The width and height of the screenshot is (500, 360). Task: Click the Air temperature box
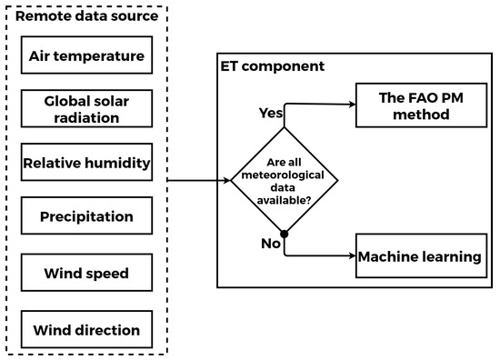[86, 56]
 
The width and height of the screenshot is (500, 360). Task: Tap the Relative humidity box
[86, 164]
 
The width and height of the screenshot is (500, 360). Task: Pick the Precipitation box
[86, 216]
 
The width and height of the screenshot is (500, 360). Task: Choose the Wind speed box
[86, 273]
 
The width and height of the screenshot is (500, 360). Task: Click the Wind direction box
[86, 329]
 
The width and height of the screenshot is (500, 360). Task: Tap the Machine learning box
[420, 256]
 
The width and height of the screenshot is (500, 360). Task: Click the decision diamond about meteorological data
[284, 181]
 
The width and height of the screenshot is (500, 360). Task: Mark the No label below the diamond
[270, 245]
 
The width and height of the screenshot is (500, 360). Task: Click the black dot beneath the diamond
[285, 235]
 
